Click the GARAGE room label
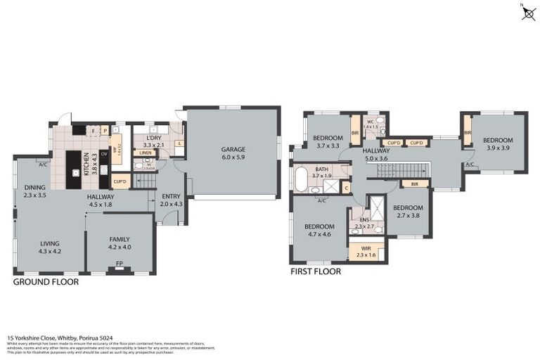pos(233,149)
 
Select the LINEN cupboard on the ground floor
pos(146,153)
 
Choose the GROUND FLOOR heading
pos(46,281)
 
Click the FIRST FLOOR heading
pos(316,271)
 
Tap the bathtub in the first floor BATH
pos(301,179)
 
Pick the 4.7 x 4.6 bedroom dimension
pos(319,235)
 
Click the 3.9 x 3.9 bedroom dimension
pos(498,148)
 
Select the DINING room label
pos(34,187)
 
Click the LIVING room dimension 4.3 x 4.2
pos(49,251)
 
